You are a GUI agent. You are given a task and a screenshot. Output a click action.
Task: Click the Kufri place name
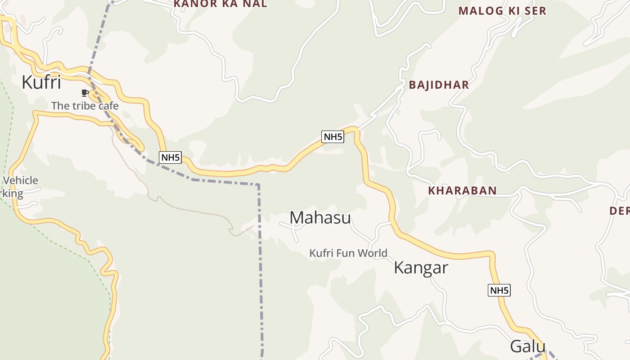(41, 83)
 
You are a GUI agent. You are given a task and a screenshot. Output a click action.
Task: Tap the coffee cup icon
(84, 93)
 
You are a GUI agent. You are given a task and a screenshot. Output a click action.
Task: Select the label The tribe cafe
(85, 106)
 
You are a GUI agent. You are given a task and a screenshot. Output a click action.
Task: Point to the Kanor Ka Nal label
(220, 4)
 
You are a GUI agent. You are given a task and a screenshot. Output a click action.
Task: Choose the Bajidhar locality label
(439, 85)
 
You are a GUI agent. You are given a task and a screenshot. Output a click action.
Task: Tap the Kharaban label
(462, 191)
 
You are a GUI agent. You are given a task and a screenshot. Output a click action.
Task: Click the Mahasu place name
(320, 218)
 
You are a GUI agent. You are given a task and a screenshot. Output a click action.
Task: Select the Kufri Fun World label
(348, 253)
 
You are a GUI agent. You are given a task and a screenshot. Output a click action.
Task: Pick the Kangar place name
(421, 268)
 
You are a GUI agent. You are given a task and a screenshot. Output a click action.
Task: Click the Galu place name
(527, 346)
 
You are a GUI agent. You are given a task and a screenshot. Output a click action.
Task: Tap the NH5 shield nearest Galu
(499, 290)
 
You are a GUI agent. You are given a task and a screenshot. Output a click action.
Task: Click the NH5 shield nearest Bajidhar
(333, 137)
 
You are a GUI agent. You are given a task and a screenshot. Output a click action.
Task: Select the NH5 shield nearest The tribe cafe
(170, 157)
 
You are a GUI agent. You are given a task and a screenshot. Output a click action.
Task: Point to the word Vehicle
(20, 180)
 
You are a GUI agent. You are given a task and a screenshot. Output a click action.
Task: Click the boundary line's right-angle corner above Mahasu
(259, 184)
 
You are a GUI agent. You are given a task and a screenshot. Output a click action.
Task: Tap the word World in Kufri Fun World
(371, 253)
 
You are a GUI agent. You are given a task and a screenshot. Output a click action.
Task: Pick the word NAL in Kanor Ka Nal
(254, 4)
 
